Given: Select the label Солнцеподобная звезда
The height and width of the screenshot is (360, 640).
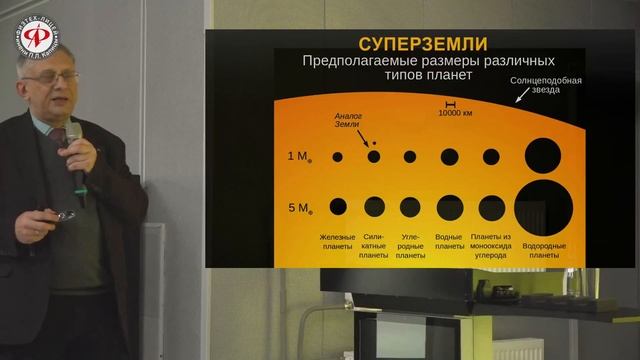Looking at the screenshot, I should pos(547,87).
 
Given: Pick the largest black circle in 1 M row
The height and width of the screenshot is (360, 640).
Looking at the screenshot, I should pos(543,156).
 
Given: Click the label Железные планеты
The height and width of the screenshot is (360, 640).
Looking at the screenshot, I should pos(337,242).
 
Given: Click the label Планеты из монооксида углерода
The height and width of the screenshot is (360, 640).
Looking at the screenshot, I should pos(493,246).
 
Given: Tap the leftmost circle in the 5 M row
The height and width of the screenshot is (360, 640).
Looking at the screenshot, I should pos(338,207).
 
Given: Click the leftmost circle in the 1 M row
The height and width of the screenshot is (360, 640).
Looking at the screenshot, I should pos(338,157).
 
